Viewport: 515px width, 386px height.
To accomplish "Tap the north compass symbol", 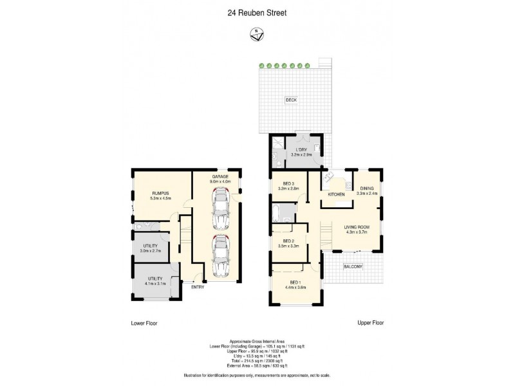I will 257,35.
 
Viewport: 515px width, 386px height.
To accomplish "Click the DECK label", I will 291,100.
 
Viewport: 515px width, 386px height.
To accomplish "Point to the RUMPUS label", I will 160,192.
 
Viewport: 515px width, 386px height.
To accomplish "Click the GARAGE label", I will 221,176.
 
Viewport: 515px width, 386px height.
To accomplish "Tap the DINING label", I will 366,188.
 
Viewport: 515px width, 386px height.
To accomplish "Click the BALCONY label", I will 353,266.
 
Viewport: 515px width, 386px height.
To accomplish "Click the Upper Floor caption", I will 370,323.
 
